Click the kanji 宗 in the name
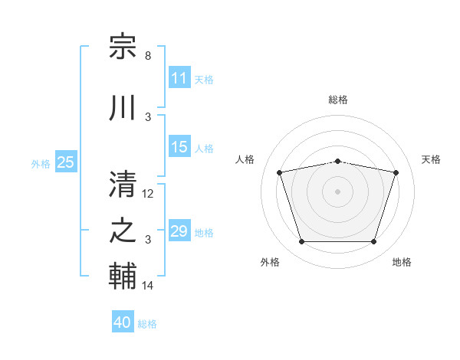tap(123, 46)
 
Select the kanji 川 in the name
tap(122, 107)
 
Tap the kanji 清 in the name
tap(123, 184)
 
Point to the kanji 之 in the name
tap(123, 231)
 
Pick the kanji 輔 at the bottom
tap(123, 276)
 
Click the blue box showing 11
tap(179, 77)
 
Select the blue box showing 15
tap(179, 146)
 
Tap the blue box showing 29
tap(179, 230)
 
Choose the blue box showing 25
tap(66, 162)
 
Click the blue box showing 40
tap(123, 321)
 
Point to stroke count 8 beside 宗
tap(148, 56)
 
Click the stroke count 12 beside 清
tap(147, 194)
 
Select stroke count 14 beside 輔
tap(147, 285)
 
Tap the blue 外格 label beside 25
tap(41, 164)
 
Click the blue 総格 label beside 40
tap(147, 324)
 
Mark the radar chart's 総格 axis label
tap(338, 100)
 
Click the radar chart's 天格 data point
tap(396, 172)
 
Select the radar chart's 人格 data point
tap(280, 172)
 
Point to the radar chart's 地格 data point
tap(373, 242)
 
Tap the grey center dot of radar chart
tap(337, 191)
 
